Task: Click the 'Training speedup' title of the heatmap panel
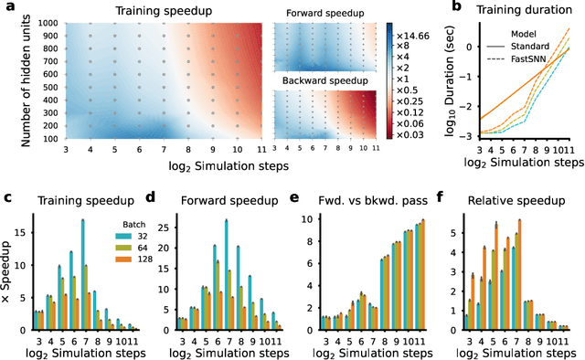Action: click(165, 12)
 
